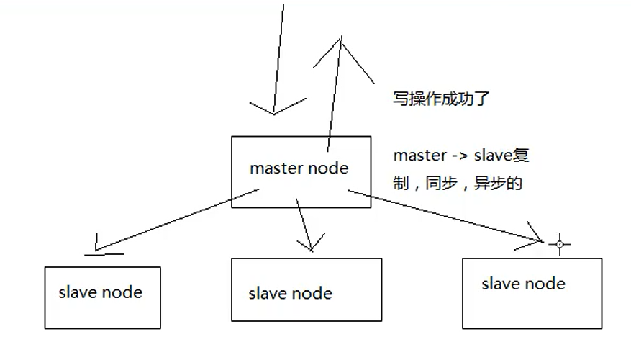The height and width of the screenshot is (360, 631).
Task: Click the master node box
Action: pos(301,172)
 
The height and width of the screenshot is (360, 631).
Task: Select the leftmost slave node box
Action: pos(102,298)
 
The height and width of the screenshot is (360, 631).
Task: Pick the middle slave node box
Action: pos(307,290)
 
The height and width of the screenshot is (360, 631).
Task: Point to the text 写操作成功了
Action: pos(441,99)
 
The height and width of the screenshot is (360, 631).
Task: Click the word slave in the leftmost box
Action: pos(78,292)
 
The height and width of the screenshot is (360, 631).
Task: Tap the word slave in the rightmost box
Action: pos(501,284)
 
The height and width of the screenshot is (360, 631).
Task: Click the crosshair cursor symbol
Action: pos(559,245)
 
